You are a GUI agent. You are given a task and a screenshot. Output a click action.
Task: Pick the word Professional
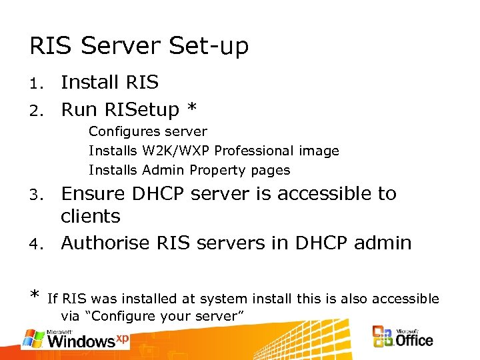point(254,151)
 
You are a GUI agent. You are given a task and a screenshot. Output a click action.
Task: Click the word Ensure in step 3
point(95,194)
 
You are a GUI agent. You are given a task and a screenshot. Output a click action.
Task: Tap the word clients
point(90,217)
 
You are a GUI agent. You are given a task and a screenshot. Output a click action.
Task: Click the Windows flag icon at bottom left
point(33,339)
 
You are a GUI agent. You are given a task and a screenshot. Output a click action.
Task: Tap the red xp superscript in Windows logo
point(122,338)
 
